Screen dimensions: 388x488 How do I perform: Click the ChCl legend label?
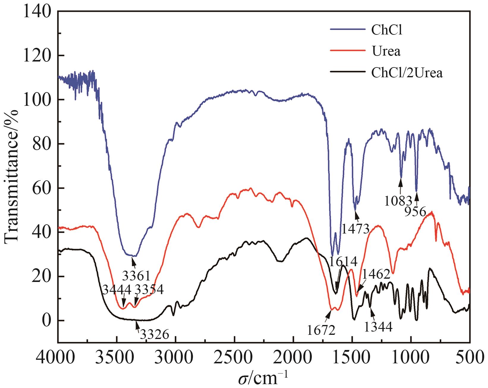(387, 30)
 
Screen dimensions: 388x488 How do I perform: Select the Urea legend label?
(386, 51)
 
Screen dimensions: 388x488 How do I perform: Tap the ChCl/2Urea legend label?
(407, 73)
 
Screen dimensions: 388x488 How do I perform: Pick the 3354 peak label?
(149, 289)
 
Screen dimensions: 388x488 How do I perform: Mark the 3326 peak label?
(154, 335)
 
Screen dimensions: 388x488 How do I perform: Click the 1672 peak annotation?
(321, 330)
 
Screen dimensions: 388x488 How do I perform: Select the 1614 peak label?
(343, 262)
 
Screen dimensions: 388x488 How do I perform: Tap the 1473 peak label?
(355, 229)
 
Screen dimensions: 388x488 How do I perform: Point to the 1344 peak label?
(378, 327)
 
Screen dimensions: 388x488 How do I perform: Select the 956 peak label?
(415, 212)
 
